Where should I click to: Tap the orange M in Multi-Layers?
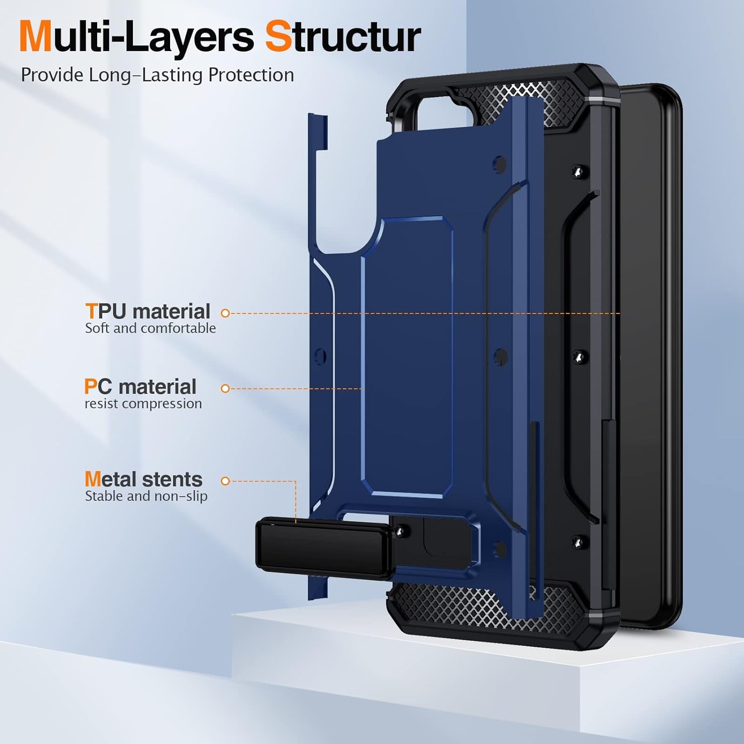point(36,37)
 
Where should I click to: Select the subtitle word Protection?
point(251,75)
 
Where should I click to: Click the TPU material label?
point(148,311)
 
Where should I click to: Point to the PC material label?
point(140,387)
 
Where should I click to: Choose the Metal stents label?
point(143,479)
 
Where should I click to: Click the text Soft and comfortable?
point(150,328)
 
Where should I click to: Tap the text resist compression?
point(143,404)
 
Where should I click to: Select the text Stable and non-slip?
point(146,496)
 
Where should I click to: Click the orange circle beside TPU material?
point(225,313)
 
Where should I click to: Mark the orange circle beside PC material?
point(225,388)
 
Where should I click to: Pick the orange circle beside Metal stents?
point(225,481)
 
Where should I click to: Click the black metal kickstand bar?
point(325,548)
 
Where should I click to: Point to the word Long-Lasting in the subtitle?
point(146,75)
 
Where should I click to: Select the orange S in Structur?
point(279,37)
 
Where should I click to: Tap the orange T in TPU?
point(91,311)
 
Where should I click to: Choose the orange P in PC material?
point(91,387)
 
